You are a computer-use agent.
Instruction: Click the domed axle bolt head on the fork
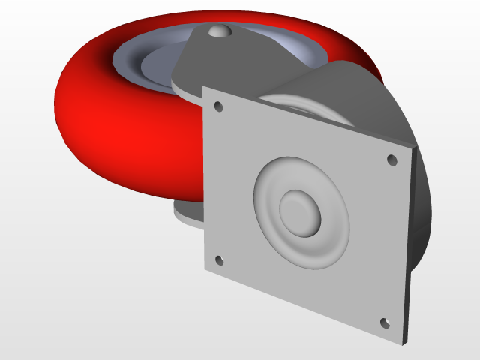tap(218, 31)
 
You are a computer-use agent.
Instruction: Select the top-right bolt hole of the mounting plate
tap(391, 160)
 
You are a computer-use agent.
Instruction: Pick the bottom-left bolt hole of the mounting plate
tap(219, 260)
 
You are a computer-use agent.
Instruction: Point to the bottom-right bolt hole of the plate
tap(385, 322)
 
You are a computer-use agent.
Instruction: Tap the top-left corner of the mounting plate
tap(205, 87)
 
